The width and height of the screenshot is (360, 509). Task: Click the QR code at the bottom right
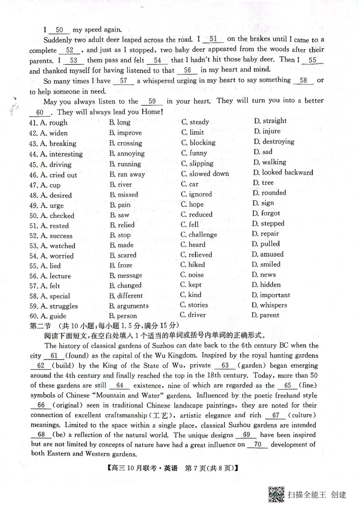[x=276, y=494]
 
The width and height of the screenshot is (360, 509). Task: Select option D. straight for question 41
[x=270, y=121]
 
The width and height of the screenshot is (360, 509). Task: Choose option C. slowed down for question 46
[x=205, y=174]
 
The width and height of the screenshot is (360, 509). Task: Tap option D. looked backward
[x=283, y=172]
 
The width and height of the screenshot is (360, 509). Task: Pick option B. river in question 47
[x=121, y=184]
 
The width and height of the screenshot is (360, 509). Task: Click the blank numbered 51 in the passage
[x=214, y=40]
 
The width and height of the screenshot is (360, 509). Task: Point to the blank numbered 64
[x=119, y=385]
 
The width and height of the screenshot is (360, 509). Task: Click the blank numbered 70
[x=258, y=444]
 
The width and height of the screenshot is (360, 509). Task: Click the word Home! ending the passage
[x=150, y=112]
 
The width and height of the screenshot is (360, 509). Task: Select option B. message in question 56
[x=126, y=275]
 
